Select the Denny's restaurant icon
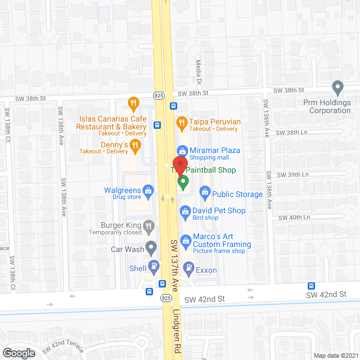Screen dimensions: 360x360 coord(134,147)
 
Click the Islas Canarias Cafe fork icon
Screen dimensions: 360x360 coord(133,103)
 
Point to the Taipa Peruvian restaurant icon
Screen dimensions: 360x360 coord(182,121)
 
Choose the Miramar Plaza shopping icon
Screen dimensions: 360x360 coord(182,150)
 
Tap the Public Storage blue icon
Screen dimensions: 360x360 coord(205,194)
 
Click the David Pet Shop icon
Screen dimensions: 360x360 coord(184,211)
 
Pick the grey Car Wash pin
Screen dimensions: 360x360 coord(151,246)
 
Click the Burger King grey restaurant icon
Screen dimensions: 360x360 coord(148,226)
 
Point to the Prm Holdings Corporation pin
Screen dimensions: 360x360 coord(337,88)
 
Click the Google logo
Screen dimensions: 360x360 coord(18,353)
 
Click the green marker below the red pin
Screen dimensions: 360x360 coord(182,182)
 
